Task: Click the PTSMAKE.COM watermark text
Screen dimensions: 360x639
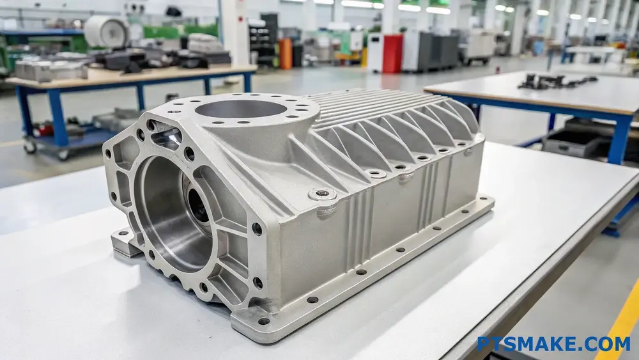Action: click(553, 344)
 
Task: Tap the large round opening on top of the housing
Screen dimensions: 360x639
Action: click(241, 109)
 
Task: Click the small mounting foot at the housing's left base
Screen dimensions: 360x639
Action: click(125, 242)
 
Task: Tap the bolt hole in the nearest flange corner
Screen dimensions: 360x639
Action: click(263, 321)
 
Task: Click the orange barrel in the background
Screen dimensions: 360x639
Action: click(286, 54)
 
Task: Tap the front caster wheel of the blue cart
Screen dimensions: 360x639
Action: click(63, 154)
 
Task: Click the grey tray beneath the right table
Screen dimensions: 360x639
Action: click(575, 141)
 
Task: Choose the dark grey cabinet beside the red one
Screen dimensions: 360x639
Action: click(435, 52)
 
